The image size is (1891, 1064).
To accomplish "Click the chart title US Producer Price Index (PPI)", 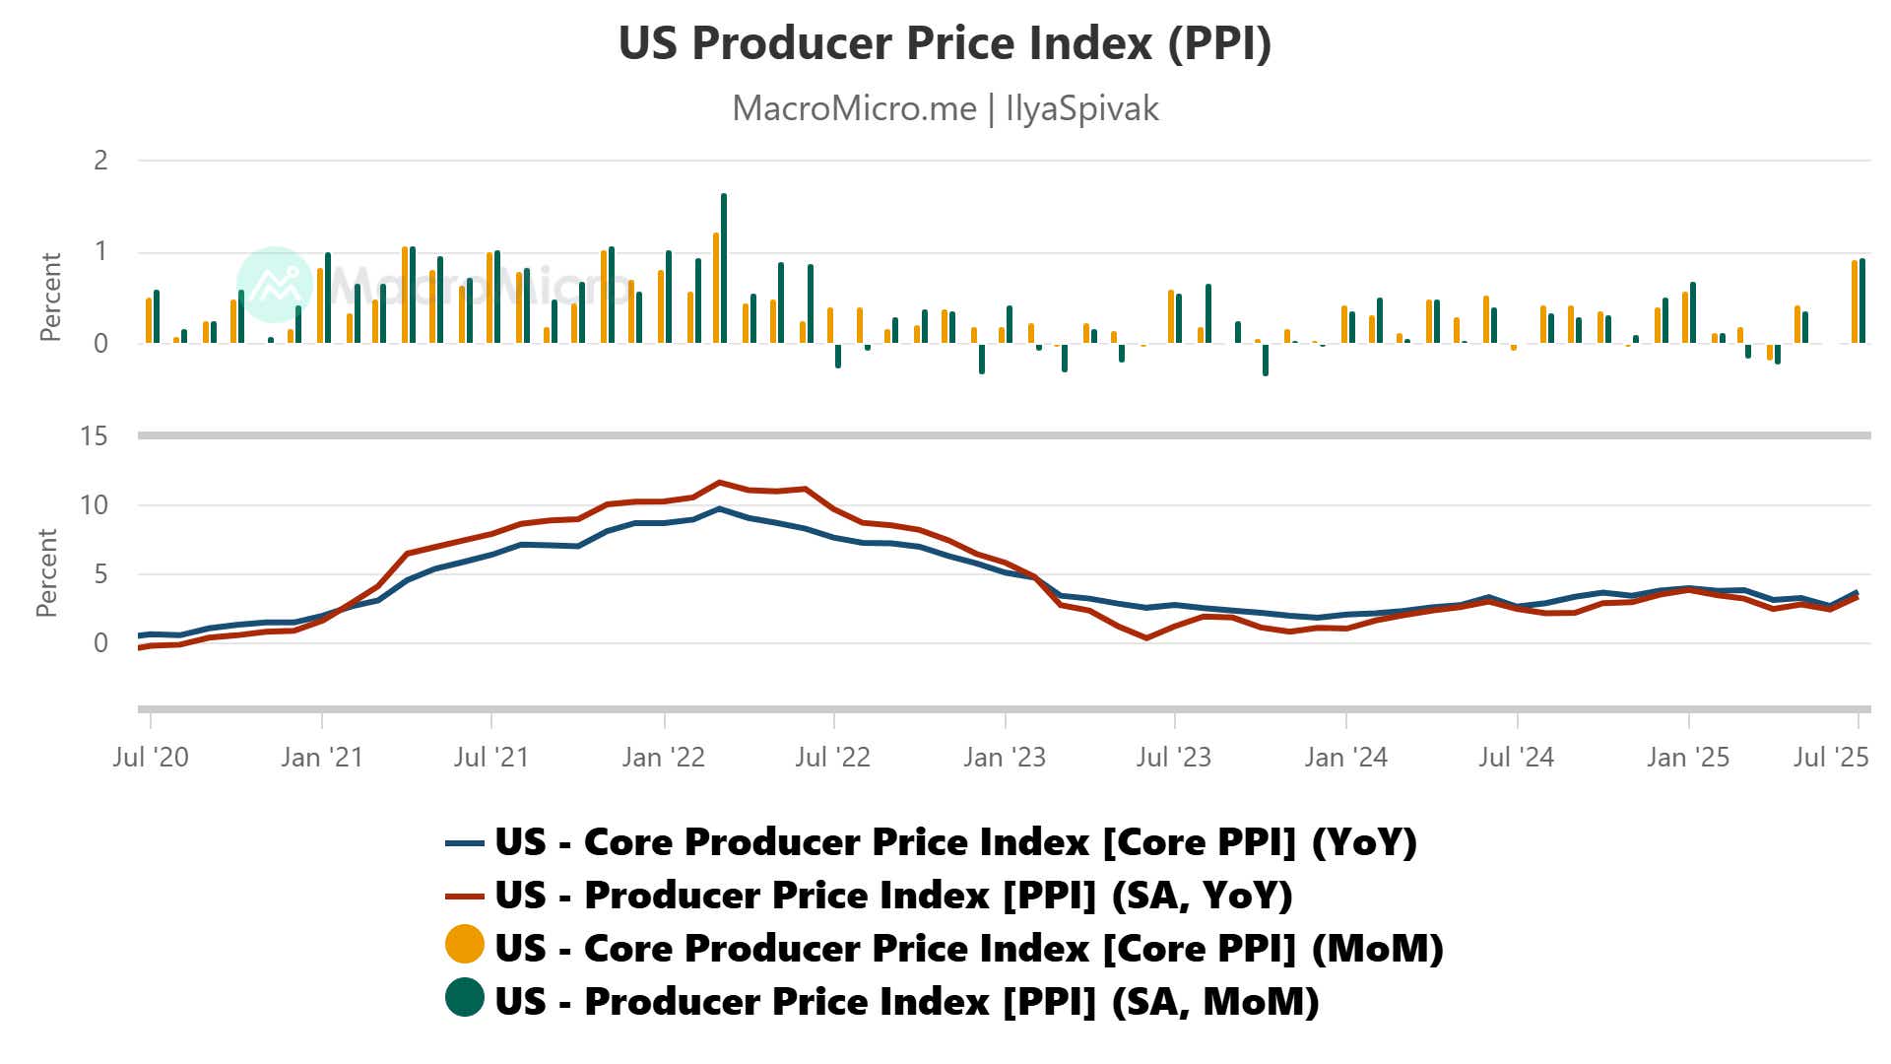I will coord(945,43).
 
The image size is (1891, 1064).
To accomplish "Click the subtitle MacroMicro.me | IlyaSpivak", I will coord(945,108).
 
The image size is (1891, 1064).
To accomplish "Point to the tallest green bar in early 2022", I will coord(724,267).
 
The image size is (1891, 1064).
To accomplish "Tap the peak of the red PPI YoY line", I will coord(720,483).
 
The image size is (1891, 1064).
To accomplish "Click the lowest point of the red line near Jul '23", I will coord(1147,637).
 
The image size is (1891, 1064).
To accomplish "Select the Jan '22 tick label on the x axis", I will coord(663,757).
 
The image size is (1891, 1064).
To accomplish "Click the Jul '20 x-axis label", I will coord(150,757).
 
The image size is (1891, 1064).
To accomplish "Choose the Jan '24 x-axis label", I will coord(1345,757).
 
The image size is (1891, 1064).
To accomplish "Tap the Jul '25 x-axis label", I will coord(1830,757).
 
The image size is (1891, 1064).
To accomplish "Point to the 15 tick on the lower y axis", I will coord(94,435).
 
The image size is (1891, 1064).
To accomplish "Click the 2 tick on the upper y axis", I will coord(100,161).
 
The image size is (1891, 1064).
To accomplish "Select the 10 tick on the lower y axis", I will coord(94,505).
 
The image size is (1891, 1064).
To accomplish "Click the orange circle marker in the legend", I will coord(464,944).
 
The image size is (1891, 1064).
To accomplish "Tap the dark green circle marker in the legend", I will coord(464,997).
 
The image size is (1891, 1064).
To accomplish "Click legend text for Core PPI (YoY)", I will coord(955,842).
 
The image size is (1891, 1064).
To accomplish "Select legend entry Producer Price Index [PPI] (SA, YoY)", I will coord(893,896).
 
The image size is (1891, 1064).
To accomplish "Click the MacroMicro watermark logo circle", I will coord(274,284).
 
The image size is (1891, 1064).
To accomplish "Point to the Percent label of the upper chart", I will coord(50,297).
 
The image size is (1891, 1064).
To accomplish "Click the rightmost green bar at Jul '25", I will coord(1862,300).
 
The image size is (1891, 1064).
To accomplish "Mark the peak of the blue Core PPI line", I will coord(720,509).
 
